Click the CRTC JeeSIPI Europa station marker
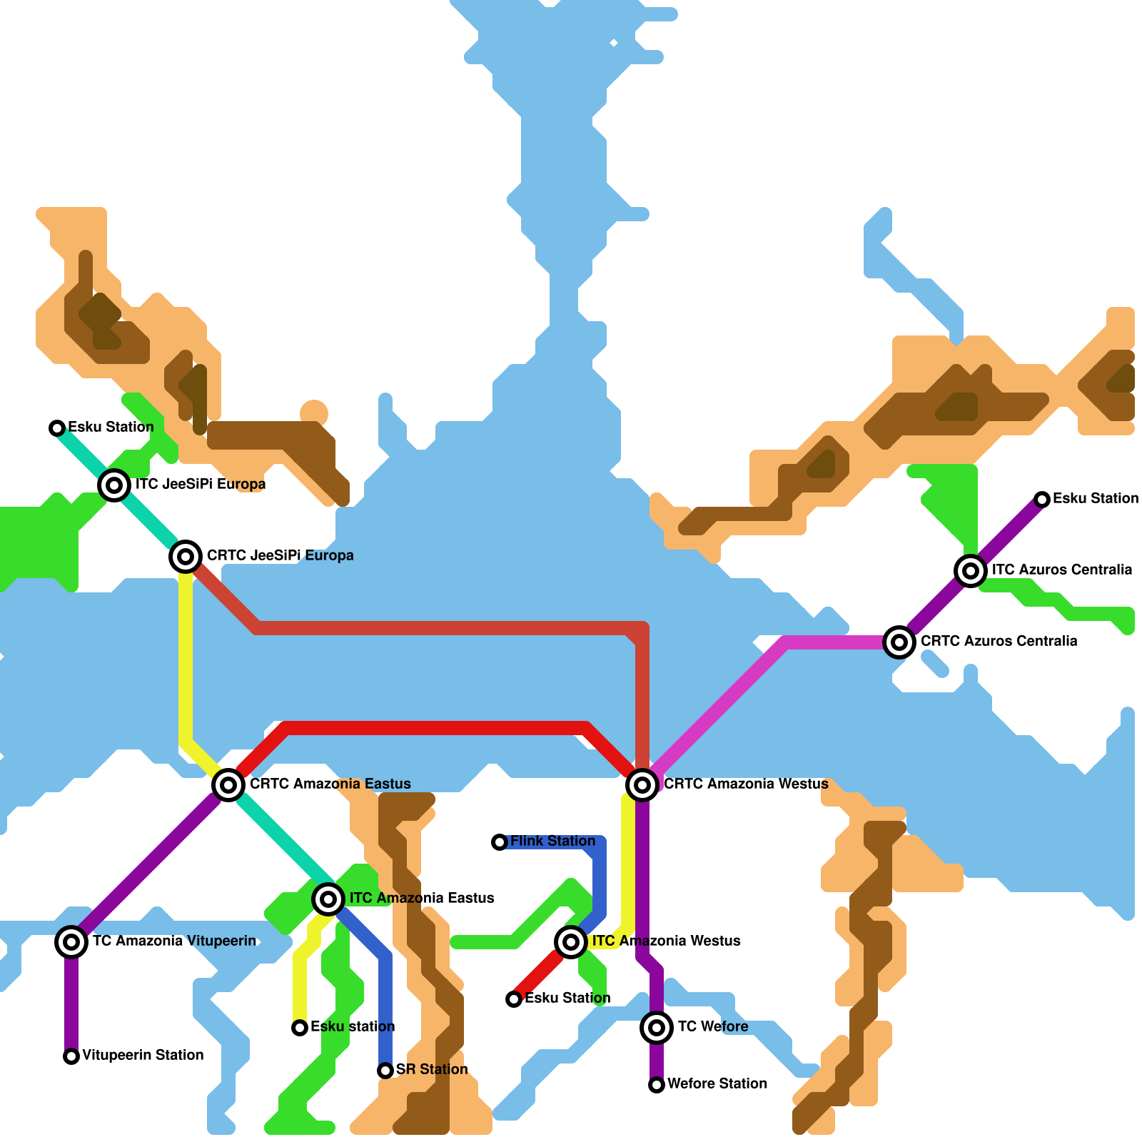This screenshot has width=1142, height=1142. [x=186, y=556]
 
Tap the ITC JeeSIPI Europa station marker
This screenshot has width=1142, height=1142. [x=114, y=485]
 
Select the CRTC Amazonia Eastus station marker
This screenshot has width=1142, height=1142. [x=228, y=784]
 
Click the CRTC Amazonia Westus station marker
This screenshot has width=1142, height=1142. [x=642, y=784]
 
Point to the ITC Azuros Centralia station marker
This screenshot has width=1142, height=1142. [x=971, y=570]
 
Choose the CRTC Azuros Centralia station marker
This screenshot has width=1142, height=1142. [x=899, y=642]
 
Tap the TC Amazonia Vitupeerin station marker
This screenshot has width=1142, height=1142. [x=71, y=941]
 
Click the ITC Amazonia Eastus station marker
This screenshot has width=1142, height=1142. [x=328, y=899]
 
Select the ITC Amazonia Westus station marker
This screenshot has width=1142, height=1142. [x=571, y=941]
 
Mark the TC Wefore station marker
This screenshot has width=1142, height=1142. [x=657, y=1027]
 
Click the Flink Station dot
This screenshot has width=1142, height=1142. [x=500, y=842]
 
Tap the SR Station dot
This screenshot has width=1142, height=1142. [x=385, y=1071]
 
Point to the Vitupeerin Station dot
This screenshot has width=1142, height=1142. [x=71, y=1056]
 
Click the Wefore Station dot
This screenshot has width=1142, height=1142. [x=657, y=1085]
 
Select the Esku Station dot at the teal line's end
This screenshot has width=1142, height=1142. [x=57, y=428]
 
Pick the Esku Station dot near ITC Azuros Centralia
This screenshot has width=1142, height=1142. [x=1042, y=500]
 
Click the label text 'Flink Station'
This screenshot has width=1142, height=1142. [x=553, y=841]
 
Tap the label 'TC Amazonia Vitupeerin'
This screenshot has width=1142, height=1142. [x=175, y=941]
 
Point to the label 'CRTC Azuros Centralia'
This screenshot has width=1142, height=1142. [x=999, y=641]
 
